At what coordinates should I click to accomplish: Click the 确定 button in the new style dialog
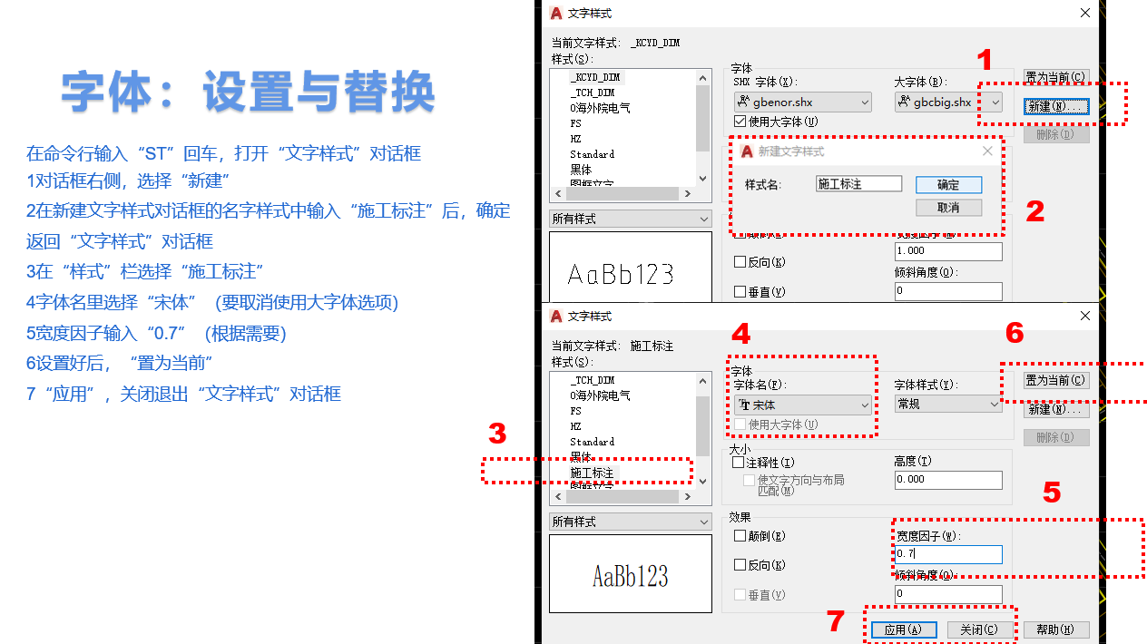pyautogui.click(x=948, y=184)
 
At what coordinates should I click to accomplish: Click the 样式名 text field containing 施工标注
pyautogui.click(x=858, y=184)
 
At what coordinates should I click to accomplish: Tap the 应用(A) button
pyautogui.click(x=903, y=629)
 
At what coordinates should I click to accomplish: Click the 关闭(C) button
pyautogui.click(x=979, y=629)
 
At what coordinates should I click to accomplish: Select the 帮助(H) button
pyautogui.click(x=1055, y=629)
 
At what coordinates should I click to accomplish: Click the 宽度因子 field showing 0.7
pyautogui.click(x=947, y=554)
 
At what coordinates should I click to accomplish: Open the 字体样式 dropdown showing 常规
pyautogui.click(x=947, y=405)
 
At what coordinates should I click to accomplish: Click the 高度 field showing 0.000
pyautogui.click(x=947, y=480)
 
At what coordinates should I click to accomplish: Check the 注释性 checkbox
pyautogui.click(x=740, y=463)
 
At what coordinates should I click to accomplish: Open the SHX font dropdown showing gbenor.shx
pyautogui.click(x=802, y=102)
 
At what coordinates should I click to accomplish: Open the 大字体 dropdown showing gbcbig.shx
pyautogui.click(x=947, y=102)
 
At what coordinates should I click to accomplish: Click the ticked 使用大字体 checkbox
pyautogui.click(x=740, y=122)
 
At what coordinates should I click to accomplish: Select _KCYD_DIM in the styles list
pyautogui.click(x=595, y=78)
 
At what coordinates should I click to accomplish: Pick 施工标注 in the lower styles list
pyautogui.click(x=592, y=473)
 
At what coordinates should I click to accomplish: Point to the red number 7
pyautogui.click(x=836, y=621)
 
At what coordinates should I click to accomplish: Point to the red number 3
pyautogui.click(x=496, y=434)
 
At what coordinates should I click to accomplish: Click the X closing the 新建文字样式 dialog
pyautogui.click(x=987, y=151)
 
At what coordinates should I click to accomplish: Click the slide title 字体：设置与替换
pyautogui.click(x=248, y=92)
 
